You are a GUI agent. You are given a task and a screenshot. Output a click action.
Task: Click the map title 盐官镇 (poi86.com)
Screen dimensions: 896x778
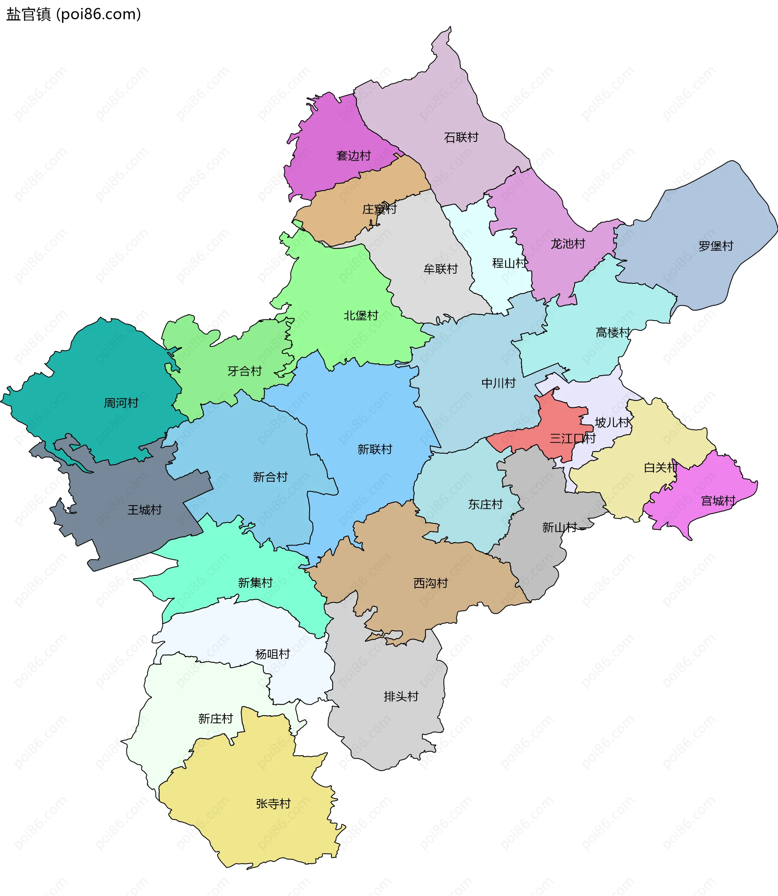tap(73, 14)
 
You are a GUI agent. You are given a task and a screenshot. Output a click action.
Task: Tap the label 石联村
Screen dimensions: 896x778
tap(461, 137)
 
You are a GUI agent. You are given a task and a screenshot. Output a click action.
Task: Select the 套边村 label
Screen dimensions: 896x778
tap(353, 156)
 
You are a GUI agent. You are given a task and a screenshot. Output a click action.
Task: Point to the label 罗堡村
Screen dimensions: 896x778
tap(716, 246)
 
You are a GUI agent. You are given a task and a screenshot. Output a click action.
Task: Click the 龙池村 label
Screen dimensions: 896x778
tap(567, 244)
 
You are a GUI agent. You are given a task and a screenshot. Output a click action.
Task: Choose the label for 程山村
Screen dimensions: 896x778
tap(509, 263)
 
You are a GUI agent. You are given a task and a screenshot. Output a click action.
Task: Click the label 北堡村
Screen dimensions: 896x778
tap(361, 315)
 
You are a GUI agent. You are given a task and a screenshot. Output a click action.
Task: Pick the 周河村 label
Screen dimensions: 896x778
tap(121, 403)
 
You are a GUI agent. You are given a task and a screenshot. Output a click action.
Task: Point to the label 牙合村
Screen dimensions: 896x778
tap(244, 371)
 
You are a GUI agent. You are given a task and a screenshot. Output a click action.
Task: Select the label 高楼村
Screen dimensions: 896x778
tap(613, 332)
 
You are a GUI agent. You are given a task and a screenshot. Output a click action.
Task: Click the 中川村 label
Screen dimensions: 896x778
tap(498, 383)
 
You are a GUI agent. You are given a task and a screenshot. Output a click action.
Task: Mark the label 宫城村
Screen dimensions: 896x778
tap(718, 501)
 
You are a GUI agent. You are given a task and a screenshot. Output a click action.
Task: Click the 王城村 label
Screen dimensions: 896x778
tap(144, 510)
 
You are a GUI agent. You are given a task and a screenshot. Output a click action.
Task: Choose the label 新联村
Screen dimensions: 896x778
tap(374, 449)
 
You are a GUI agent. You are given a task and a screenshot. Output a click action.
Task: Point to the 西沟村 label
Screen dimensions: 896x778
tap(430, 583)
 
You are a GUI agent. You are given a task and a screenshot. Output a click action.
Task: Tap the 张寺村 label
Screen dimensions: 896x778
tap(273, 804)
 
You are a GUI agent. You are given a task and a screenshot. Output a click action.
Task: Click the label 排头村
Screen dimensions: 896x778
tap(401, 696)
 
